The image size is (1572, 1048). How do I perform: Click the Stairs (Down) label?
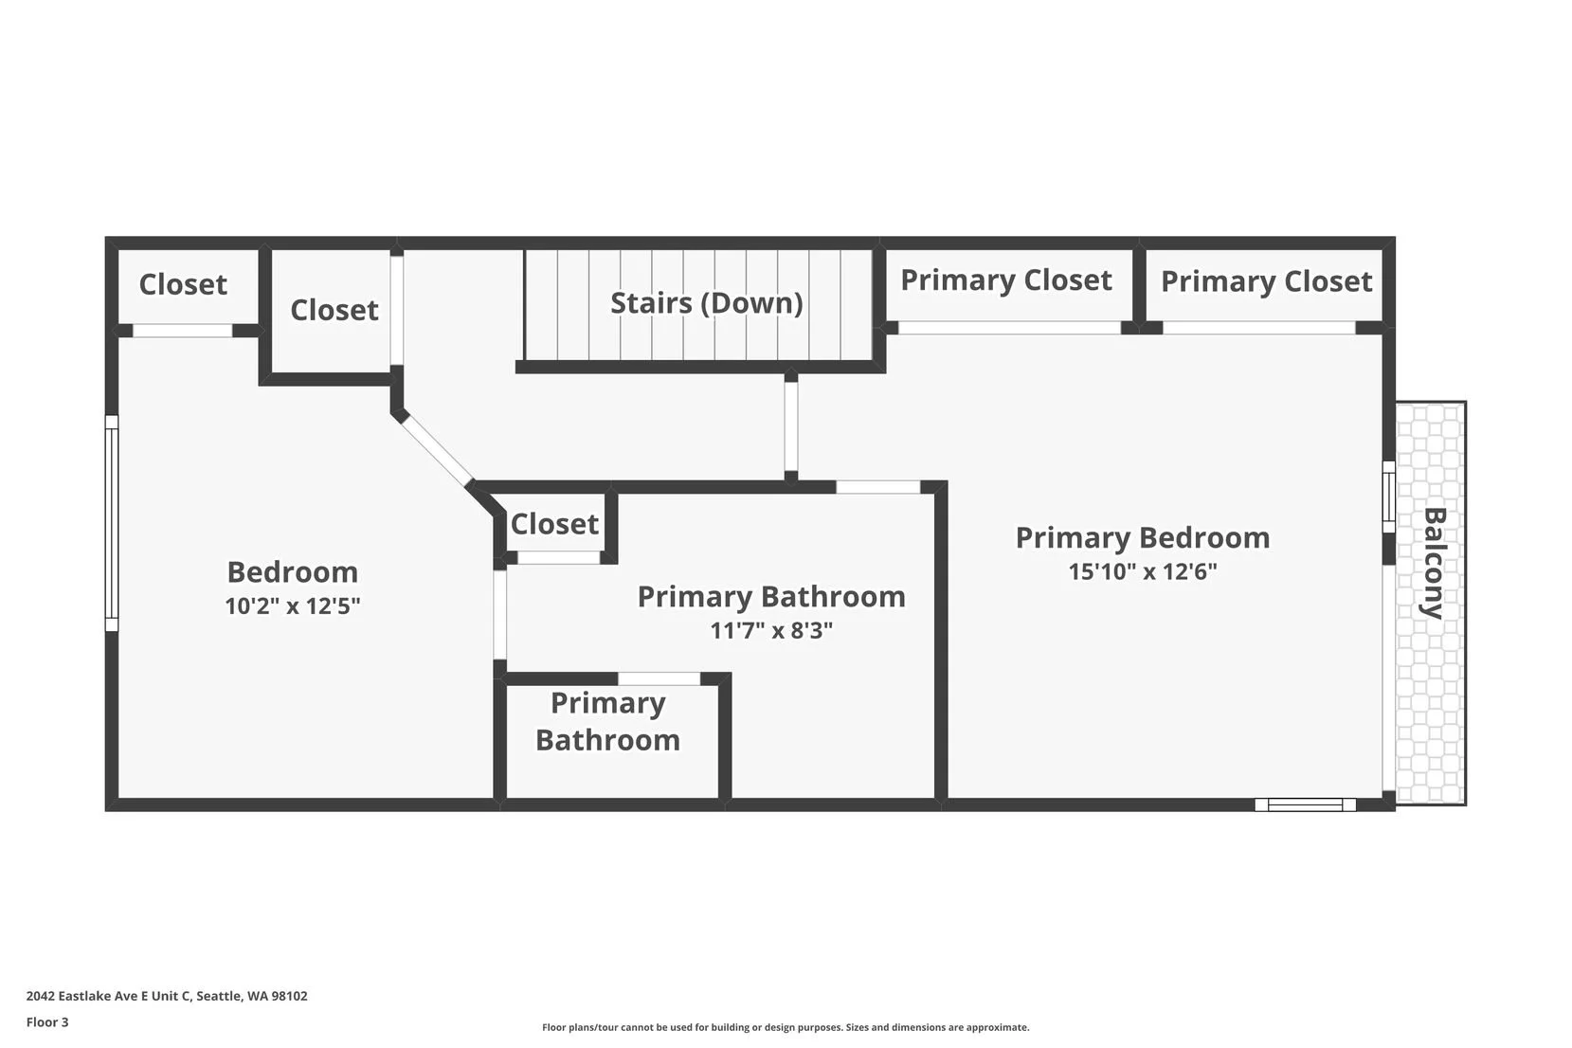pyautogui.click(x=706, y=303)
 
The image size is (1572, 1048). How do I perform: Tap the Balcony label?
pyautogui.click(x=1433, y=563)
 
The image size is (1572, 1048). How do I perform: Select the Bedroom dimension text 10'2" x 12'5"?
pyautogui.click(x=292, y=606)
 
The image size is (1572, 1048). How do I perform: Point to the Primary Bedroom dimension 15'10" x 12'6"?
pyautogui.click(x=1142, y=571)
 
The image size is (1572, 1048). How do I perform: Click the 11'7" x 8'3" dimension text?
pyautogui.click(x=770, y=630)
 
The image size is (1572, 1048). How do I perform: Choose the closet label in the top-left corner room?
pyautogui.click(x=183, y=284)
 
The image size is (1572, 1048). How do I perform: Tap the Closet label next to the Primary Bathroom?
pyautogui.click(x=554, y=524)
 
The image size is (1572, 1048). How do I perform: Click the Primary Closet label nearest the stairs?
pyautogui.click(x=1005, y=280)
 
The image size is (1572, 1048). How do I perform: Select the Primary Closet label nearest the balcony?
pyautogui.click(x=1266, y=281)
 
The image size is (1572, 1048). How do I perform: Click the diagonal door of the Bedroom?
pyautogui.click(x=436, y=450)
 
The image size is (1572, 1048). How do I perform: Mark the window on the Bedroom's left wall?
pyautogui.click(x=111, y=523)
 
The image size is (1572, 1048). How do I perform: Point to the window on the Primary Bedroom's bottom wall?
pyautogui.click(x=1305, y=804)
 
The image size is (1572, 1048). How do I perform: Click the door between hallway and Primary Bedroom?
pyautogui.click(x=790, y=426)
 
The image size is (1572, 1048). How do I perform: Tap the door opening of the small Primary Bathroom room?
pyautogui.click(x=659, y=678)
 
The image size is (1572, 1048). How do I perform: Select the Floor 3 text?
pyautogui.click(x=47, y=1022)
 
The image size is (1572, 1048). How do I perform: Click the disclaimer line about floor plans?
pyautogui.click(x=785, y=1027)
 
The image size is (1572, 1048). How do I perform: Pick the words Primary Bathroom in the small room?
pyautogui.click(x=607, y=721)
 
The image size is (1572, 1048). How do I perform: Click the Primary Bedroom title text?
pyautogui.click(x=1142, y=537)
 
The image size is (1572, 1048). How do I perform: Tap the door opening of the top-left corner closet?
pyautogui.click(x=182, y=331)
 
